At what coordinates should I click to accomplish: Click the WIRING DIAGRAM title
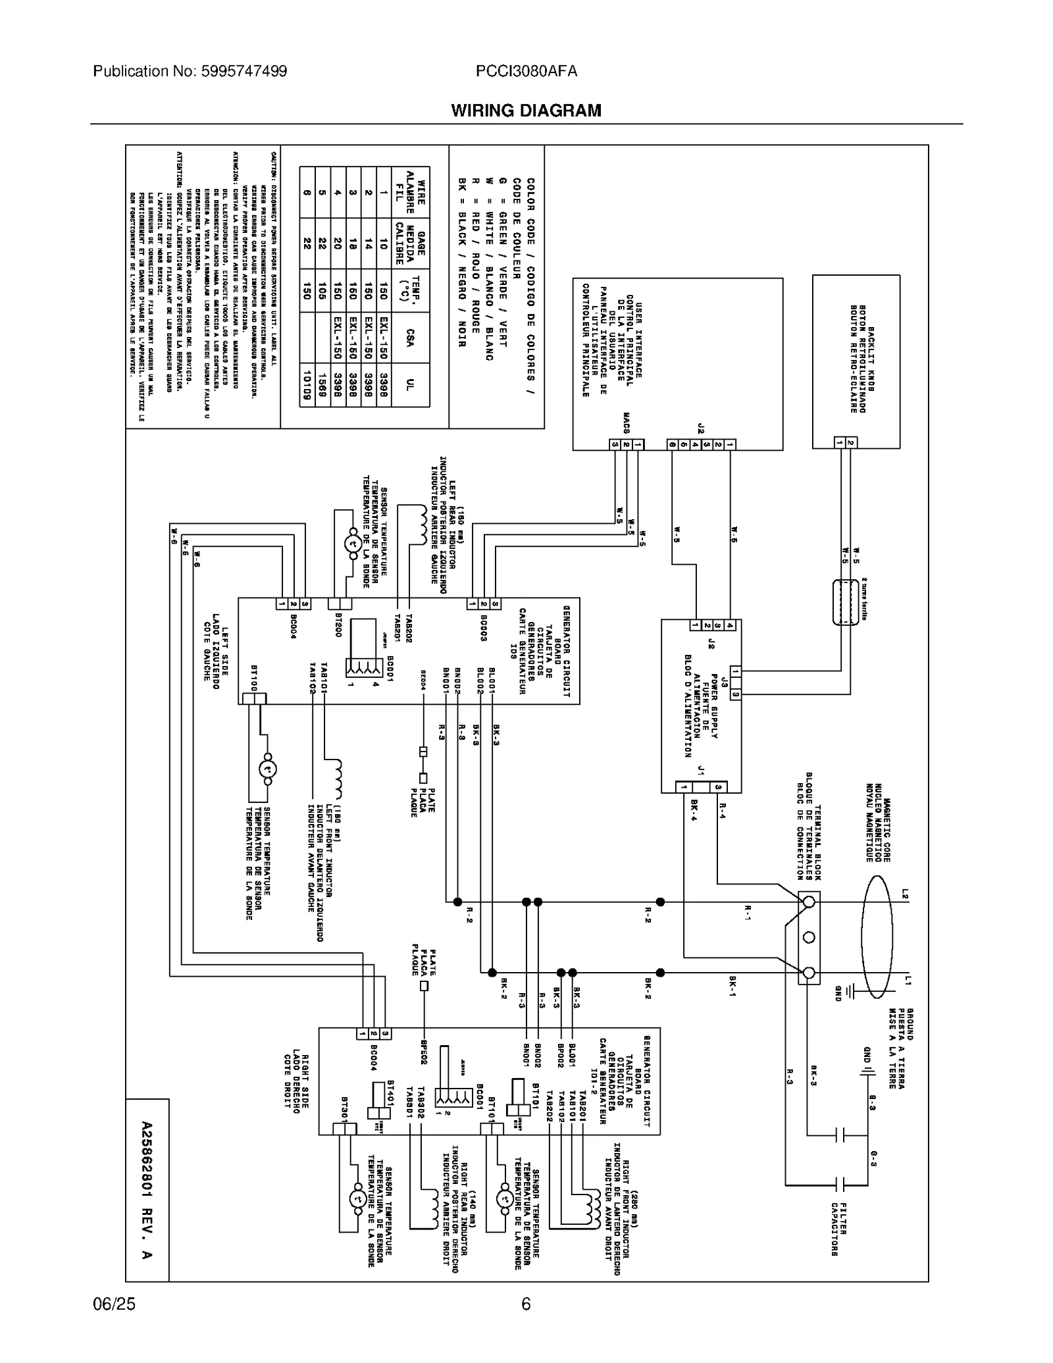click(x=526, y=111)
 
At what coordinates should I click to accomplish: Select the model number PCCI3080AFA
click(x=526, y=71)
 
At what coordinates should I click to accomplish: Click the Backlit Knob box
click(x=856, y=362)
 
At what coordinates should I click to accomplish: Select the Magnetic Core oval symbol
click(x=877, y=937)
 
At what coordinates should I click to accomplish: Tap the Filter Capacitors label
click(x=838, y=1228)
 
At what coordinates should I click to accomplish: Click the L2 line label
click(x=906, y=894)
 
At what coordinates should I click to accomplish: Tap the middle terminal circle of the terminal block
click(x=809, y=937)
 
